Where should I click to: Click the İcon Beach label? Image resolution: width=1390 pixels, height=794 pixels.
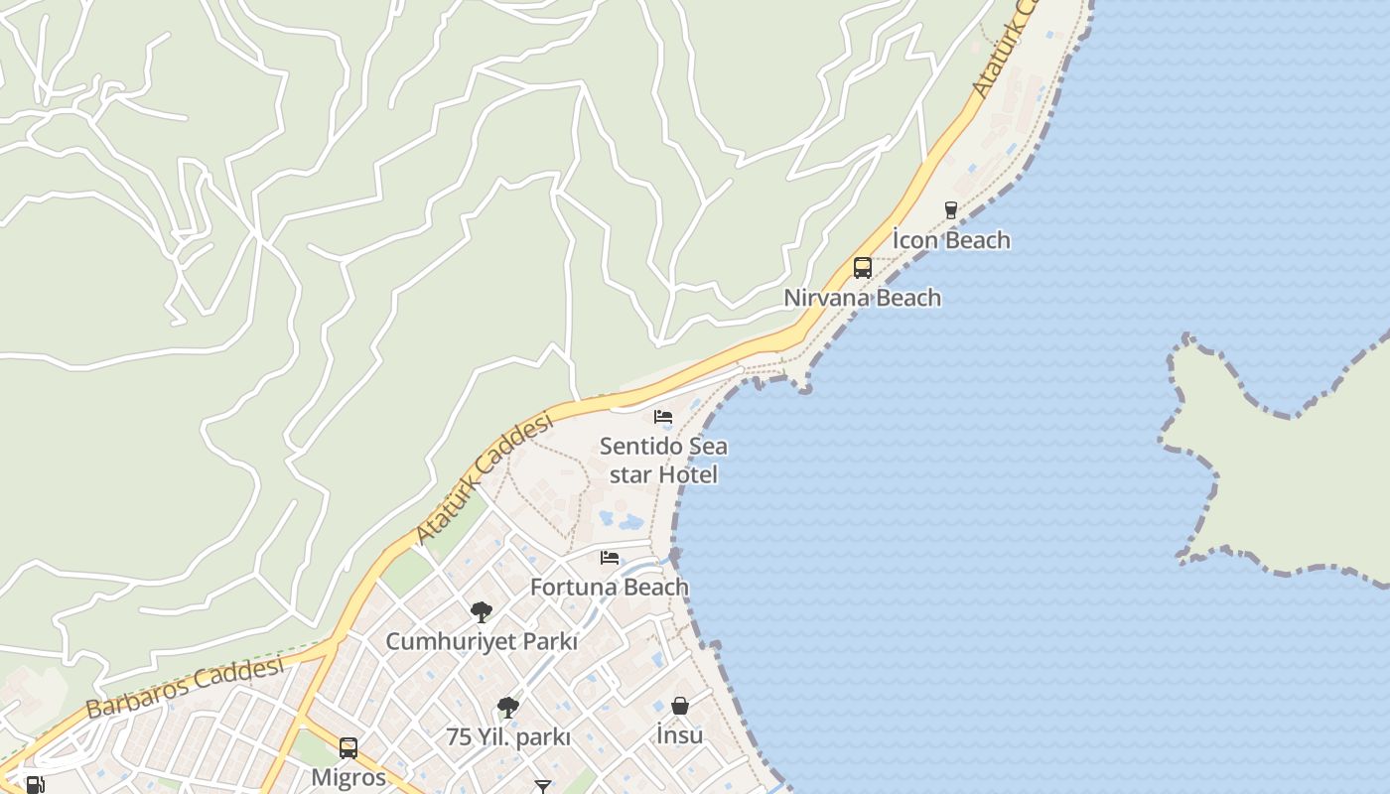(x=951, y=240)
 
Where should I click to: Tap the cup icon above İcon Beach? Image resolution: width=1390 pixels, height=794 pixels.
(x=951, y=209)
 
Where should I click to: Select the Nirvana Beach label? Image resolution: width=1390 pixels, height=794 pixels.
(x=862, y=298)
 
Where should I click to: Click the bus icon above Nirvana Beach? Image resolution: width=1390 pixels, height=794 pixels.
(x=862, y=267)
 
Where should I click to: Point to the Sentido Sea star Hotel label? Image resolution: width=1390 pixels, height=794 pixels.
(x=663, y=461)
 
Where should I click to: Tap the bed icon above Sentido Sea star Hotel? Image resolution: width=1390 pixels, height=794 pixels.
(x=663, y=417)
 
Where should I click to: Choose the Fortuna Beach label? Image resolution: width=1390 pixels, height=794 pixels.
(x=609, y=587)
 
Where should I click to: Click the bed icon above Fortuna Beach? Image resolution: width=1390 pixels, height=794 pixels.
(x=610, y=558)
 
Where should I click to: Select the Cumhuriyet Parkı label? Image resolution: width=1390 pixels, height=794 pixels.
(x=481, y=641)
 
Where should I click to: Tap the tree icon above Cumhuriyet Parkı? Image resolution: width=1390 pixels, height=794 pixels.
(x=482, y=611)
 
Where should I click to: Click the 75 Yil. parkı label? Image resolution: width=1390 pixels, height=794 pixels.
(x=508, y=737)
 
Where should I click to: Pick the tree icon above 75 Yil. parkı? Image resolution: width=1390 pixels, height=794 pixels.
(x=508, y=708)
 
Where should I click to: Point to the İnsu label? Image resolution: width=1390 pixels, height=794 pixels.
(x=680, y=735)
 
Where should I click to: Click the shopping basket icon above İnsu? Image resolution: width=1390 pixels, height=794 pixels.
(x=680, y=706)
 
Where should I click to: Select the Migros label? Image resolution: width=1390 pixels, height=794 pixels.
(x=348, y=777)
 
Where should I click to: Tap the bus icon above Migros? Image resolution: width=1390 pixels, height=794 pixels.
(x=348, y=747)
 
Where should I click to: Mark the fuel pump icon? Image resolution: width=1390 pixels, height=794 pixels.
(x=35, y=785)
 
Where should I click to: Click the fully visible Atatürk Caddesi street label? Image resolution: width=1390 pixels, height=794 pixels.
(x=484, y=479)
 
